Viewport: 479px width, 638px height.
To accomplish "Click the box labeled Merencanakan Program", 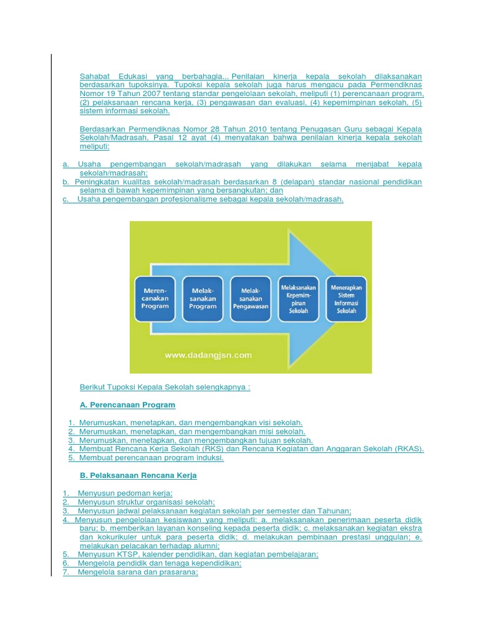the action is (x=155, y=298).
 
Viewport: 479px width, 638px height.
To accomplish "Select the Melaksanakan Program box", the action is (x=203, y=298).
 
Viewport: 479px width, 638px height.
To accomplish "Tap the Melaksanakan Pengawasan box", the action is (x=250, y=298).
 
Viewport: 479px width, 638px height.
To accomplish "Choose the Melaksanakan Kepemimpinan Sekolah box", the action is (x=299, y=298).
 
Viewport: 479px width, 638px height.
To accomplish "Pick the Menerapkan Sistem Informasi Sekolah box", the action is (x=346, y=298).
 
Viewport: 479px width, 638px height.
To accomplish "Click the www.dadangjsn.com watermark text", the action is (x=208, y=355).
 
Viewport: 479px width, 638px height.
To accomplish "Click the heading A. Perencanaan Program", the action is (x=128, y=405).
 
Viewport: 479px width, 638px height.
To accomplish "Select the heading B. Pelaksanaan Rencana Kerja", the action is (x=138, y=475).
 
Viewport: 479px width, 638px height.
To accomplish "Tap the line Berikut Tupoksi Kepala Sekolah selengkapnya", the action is (x=165, y=387).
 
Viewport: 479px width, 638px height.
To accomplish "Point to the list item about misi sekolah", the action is (x=187, y=431).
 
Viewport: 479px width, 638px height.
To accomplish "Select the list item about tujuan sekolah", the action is (x=190, y=440).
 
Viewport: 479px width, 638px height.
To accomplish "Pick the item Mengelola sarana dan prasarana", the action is (x=134, y=572).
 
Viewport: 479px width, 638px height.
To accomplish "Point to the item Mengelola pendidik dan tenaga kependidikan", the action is (x=156, y=563).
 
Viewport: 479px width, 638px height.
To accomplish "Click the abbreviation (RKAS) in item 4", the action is (x=410, y=449).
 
